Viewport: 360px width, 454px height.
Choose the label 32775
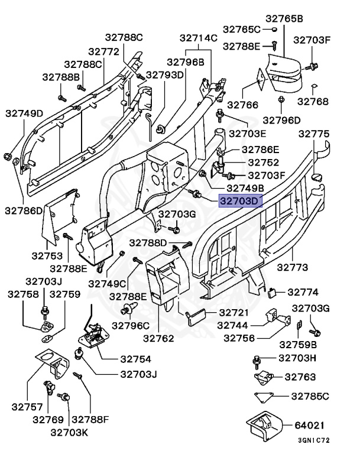coord(314,134)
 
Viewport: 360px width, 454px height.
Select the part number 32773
coord(294,267)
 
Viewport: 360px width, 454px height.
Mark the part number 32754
coord(135,359)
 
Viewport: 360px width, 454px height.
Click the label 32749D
coord(24,113)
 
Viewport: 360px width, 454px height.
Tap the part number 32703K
coord(70,432)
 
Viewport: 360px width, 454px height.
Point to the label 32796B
coord(185,61)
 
